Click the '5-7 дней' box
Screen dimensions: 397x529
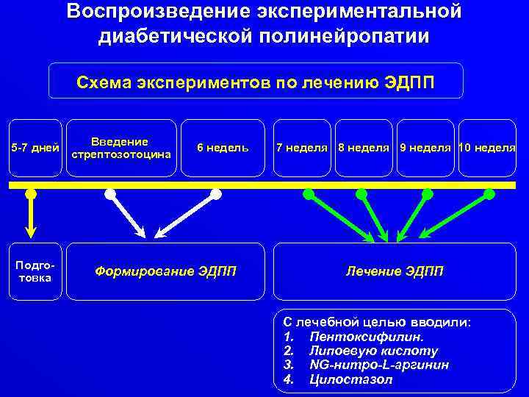[35, 148]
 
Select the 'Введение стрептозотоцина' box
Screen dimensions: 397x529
[120, 148]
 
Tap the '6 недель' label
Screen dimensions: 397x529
[223, 148]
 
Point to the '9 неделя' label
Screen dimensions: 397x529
[425, 148]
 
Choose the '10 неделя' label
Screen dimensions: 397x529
[486, 148]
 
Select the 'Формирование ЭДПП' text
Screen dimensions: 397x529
[165, 271]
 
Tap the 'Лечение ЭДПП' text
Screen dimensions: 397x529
[395, 271]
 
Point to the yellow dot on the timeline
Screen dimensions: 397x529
[31, 195]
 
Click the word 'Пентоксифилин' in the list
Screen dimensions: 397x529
[367, 337]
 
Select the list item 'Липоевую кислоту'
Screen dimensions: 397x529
[373, 351]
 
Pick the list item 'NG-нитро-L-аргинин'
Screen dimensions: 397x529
[379, 365]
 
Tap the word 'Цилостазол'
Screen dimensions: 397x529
[351, 379]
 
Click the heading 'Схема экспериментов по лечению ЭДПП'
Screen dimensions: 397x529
[256, 82]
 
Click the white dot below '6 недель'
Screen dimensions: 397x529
[216, 195]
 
